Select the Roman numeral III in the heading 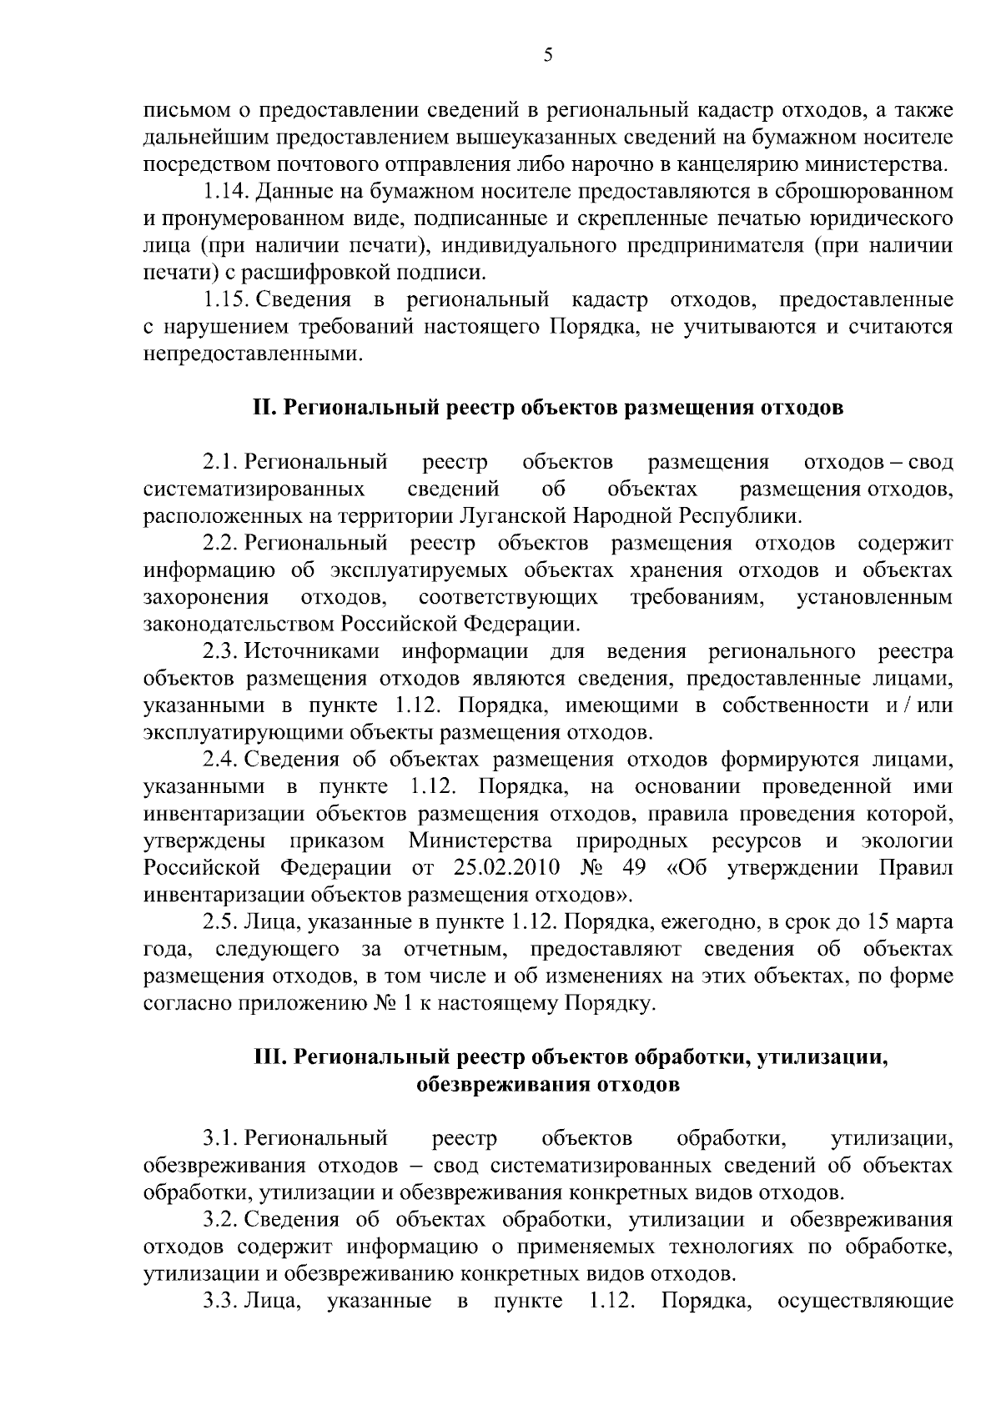269,1058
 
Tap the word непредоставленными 254,354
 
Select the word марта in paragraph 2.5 921,922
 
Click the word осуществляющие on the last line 864,1301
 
